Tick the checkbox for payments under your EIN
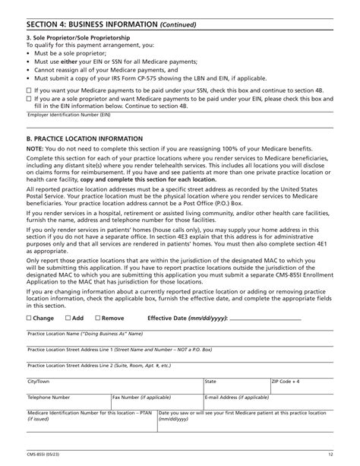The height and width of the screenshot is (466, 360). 29,99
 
